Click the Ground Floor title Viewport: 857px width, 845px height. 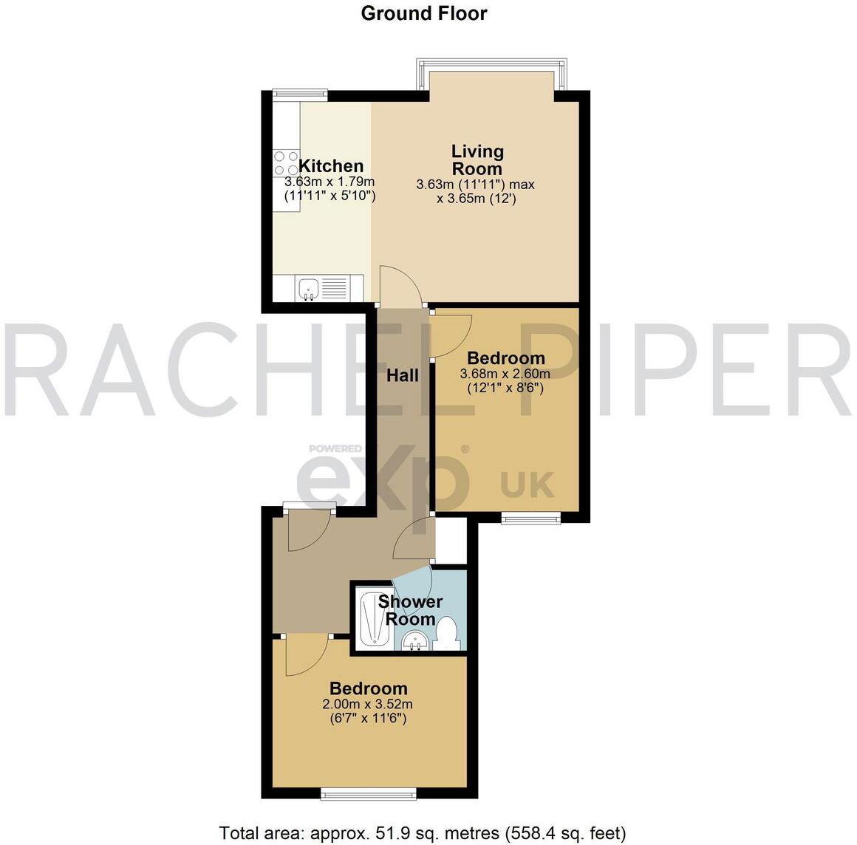[423, 13]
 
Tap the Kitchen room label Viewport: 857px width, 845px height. [331, 166]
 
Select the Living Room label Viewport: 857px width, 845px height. [477, 160]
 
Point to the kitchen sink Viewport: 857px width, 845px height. [308, 287]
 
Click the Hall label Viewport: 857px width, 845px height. [403, 375]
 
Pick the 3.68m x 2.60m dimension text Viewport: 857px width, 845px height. [505, 374]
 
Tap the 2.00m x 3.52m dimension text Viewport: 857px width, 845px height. [367, 704]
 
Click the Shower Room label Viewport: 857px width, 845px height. [410, 610]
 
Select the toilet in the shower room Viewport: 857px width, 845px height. [446, 633]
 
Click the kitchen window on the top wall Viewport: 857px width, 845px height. [299, 93]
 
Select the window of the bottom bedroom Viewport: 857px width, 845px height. [368, 794]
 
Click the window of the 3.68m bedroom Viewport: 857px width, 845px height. [531, 519]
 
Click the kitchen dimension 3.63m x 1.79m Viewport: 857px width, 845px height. [330, 182]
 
